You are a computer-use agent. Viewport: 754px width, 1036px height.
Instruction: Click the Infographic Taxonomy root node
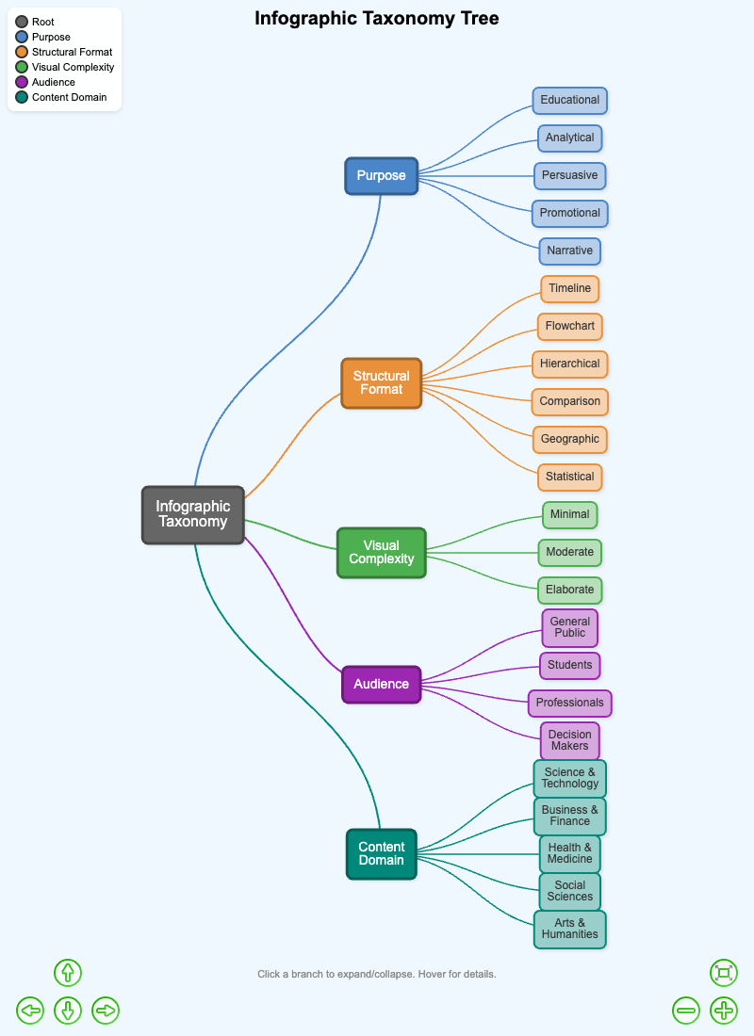(193, 514)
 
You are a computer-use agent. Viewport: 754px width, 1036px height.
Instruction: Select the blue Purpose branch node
(381, 175)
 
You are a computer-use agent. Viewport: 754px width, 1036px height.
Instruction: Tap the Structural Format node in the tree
(381, 382)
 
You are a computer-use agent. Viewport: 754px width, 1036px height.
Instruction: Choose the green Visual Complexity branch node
(381, 552)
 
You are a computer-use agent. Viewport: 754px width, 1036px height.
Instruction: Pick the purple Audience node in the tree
(381, 684)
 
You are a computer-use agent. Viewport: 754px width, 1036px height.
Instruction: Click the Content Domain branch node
(381, 853)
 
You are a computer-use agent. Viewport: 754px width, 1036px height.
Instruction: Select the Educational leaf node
(569, 100)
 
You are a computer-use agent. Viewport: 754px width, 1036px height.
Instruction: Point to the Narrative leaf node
(569, 251)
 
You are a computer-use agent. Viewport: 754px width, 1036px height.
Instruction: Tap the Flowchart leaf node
(569, 326)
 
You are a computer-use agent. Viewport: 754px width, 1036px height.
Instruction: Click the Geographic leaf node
(569, 439)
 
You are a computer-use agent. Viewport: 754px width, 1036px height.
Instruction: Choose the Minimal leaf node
(569, 514)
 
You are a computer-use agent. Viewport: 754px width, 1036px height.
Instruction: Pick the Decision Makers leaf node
(569, 740)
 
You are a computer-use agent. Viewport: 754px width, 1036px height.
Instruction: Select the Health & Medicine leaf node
(569, 853)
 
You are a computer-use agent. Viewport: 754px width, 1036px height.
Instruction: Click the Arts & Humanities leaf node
(569, 929)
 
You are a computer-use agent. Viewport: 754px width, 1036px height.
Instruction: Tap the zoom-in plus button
(724, 1011)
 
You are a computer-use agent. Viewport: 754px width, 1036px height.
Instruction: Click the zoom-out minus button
(686, 1011)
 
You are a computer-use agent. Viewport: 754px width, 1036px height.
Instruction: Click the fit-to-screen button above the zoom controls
(724, 973)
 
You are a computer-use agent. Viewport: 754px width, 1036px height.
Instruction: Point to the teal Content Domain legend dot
(22, 97)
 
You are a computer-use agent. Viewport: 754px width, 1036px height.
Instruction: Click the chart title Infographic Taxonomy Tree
(377, 18)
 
